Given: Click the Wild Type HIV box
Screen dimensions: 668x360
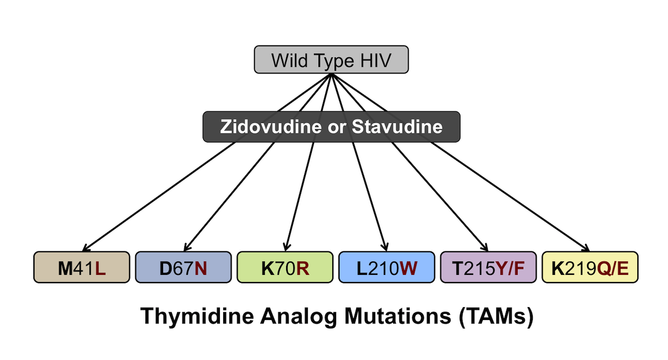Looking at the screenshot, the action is (331, 60).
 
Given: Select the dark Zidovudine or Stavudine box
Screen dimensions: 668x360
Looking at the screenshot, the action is (331, 127).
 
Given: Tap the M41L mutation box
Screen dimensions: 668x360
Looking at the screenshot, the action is (82, 267).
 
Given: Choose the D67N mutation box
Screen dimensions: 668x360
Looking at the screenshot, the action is (183, 267).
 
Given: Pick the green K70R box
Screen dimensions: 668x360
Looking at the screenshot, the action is (285, 267).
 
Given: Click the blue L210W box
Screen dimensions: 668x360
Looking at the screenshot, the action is (387, 267).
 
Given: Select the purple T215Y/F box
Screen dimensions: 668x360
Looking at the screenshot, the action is (489, 267).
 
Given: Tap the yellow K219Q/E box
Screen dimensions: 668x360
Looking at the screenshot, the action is (590, 267).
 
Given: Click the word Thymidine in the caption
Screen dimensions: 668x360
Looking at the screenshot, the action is (197, 317).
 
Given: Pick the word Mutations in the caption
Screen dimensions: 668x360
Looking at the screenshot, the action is (398, 316).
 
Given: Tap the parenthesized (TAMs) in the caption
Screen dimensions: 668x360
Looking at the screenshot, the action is (496, 317).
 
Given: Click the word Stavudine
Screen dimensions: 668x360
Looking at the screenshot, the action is (397, 127).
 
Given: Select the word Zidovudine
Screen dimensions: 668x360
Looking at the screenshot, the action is (271, 127).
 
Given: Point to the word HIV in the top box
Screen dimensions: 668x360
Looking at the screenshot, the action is (376, 61).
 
